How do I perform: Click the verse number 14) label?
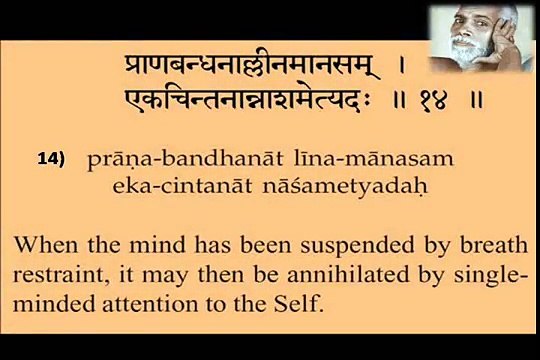click(50, 159)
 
